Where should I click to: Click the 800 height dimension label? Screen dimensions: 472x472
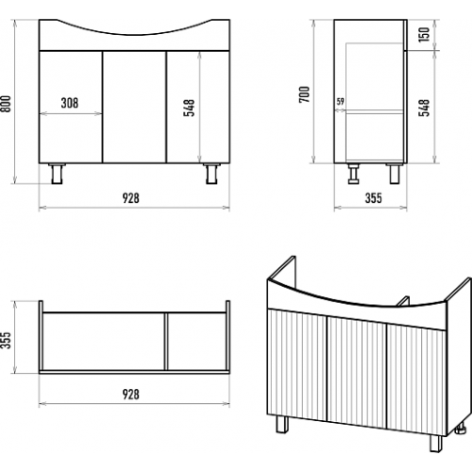(x=7, y=104)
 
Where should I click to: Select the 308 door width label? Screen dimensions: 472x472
(x=70, y=103)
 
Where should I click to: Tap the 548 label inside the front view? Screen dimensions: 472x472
(x=189, y=108)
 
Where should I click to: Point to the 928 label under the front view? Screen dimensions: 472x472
(x=130, y=198)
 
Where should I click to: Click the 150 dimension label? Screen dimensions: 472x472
(x=424, y=34)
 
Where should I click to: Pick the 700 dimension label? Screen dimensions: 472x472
(x=305, y=93)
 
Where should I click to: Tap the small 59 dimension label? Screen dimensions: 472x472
(x=340, y=102)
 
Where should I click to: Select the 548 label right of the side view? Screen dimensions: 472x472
(x=424, y=108)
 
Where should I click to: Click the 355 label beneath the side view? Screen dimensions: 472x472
(x=374, y=198)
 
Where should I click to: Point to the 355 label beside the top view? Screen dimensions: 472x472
(x=7, y=340)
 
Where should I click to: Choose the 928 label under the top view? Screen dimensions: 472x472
(x=130, y=394)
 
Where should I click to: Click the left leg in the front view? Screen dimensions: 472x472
(x=57, y=174)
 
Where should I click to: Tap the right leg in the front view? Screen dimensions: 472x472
(x=211, y=174)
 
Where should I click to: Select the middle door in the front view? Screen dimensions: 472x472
(x=134, y=107)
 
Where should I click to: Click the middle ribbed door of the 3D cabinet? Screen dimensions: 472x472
(x=357, y=372)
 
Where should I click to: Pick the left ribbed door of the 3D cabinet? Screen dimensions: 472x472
(x=297, y=364)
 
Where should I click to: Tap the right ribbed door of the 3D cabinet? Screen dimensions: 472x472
(x=416, y=379)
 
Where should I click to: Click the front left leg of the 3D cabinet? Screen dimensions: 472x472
(x=282, y=424)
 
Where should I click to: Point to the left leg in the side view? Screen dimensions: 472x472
(x=354, y=174)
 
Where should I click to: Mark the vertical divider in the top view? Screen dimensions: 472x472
(x=166, y=342)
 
